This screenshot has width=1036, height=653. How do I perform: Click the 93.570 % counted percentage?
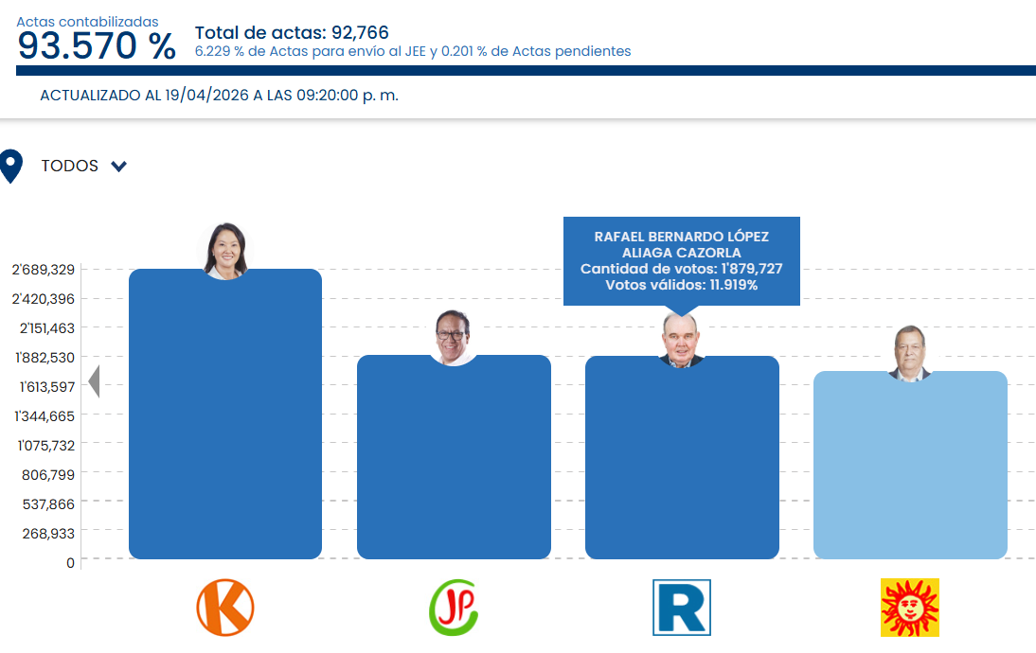97,46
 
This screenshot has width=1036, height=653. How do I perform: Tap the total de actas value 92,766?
360,33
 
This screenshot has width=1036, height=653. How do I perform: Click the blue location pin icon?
11,166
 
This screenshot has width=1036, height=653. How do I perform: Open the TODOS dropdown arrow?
118,167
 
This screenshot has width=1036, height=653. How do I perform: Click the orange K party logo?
225,608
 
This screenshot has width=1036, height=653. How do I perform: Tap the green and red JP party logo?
454,608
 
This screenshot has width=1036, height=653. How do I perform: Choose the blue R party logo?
682,608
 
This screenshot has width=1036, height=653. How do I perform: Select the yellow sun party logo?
910,608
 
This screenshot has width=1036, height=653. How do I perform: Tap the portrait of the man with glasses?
454,337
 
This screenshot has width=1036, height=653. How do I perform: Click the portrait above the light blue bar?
910,352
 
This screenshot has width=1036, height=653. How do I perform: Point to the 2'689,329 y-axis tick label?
43,270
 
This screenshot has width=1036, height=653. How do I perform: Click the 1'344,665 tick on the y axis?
43,415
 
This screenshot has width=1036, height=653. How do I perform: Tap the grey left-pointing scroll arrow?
94,381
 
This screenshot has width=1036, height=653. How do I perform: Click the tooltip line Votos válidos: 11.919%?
682,285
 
